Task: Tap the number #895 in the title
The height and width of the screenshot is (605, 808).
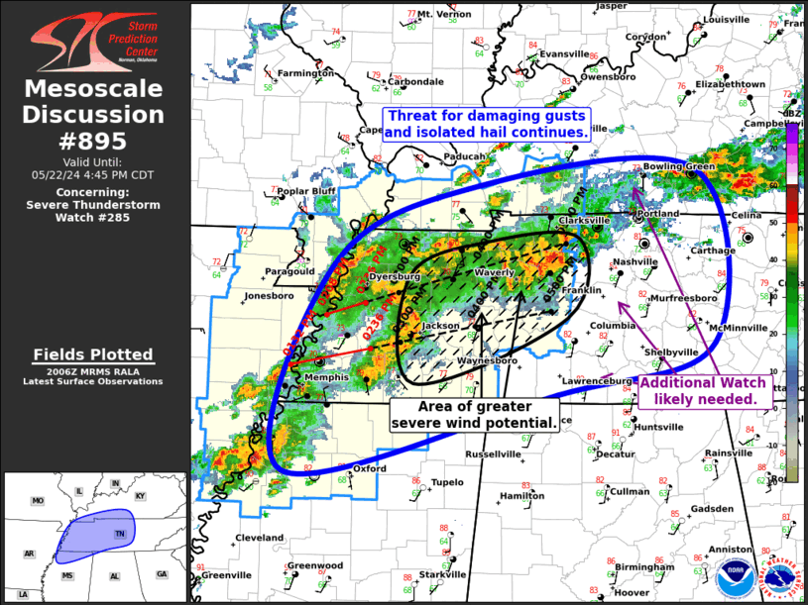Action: coord(95,141)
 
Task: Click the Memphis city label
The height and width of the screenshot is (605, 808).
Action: coord(327,377)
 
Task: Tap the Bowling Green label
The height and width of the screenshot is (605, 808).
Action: coord(679,166)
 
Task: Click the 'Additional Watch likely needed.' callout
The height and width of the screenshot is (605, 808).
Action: coord(703,390)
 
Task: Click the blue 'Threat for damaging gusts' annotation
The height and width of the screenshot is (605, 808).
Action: coord(486,124)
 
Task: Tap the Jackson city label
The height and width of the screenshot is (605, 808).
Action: coord(441,325)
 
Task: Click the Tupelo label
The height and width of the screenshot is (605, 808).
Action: coord(447,482)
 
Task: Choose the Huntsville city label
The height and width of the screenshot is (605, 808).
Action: coord(658,427)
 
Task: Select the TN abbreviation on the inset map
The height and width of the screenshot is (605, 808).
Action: coord(119,534)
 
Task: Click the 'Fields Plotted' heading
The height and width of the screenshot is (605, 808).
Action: coord(93,354)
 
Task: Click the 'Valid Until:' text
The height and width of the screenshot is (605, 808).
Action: coord(94,160)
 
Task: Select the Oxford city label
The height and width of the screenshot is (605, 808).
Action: coord(370,468)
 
